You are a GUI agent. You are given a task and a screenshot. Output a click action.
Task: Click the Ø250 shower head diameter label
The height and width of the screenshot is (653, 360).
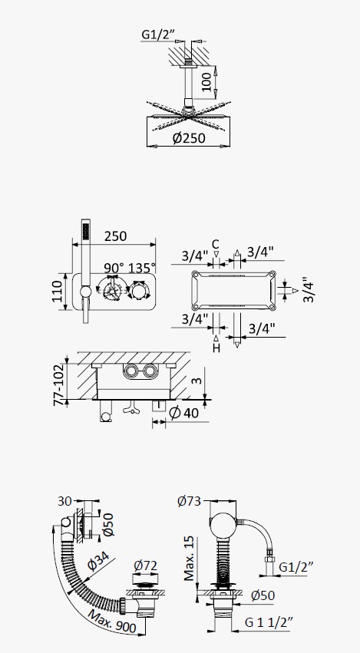(189, 137)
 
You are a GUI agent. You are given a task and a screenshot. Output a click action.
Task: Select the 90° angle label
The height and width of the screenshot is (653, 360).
(114, 268)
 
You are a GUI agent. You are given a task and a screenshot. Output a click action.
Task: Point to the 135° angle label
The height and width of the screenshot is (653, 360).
(142, 268)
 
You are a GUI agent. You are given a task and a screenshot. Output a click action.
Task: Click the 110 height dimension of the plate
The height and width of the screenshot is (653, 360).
(57, 291)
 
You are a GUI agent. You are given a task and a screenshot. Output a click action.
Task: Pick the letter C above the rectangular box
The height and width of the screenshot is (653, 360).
(216, 244)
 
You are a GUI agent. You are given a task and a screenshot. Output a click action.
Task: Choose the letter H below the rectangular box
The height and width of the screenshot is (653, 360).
(216, 348)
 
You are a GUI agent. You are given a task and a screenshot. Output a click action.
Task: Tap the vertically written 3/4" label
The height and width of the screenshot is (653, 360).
(309, 289)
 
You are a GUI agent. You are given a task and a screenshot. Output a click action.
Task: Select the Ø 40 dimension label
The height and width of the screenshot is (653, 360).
(184, 412)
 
